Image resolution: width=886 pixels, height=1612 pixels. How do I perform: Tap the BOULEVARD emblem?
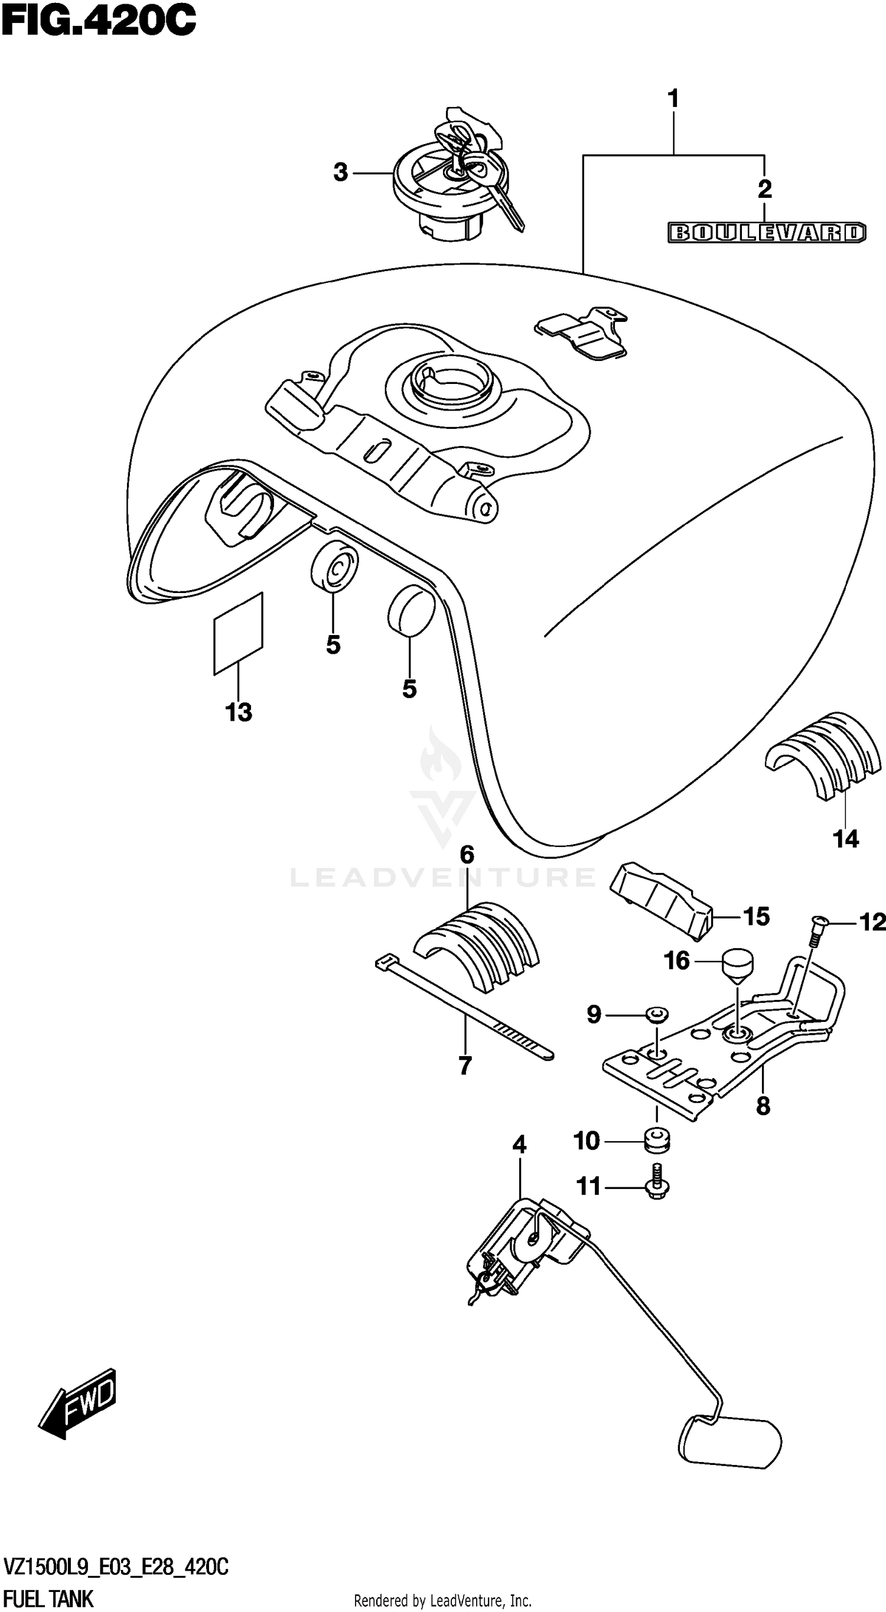767,233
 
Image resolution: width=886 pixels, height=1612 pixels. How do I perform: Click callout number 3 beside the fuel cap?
340,172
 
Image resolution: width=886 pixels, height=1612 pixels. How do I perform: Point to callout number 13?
239,712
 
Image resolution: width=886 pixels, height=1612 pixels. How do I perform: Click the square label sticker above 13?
239,633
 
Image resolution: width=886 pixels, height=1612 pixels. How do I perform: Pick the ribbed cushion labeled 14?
825,754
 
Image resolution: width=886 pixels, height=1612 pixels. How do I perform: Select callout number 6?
467,855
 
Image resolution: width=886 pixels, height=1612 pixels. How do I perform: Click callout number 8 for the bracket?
763,1106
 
